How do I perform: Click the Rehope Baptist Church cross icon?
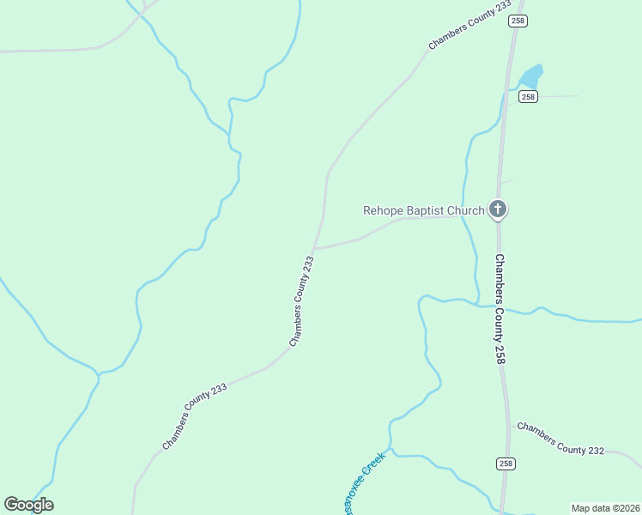click(498, 209)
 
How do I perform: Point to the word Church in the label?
click(466, 209)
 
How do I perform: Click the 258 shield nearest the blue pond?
click(528, 97)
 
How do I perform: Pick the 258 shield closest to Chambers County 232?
click(506, 463)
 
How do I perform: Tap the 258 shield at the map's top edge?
click(517, 20)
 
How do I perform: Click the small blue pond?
click(532, 77)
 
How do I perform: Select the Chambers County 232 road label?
click(561, 438)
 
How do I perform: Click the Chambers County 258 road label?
click(499, 309)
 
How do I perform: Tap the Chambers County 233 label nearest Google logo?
click(195, 416)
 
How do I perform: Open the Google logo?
click(29, 504)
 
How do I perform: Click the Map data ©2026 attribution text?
click(605, 507)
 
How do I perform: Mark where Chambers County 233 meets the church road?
click(315, 249)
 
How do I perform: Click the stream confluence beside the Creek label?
click(391, 448)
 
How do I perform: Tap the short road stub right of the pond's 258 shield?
click(558, 96)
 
